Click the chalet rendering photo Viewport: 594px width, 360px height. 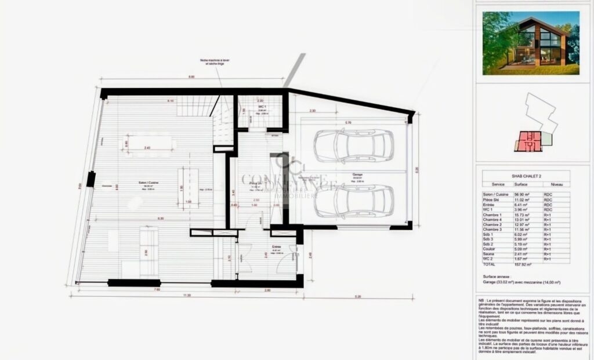point(531,43)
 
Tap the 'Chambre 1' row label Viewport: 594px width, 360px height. point(492,214)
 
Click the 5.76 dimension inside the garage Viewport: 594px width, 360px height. point(347,122)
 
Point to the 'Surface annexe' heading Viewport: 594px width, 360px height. point(495,277)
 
